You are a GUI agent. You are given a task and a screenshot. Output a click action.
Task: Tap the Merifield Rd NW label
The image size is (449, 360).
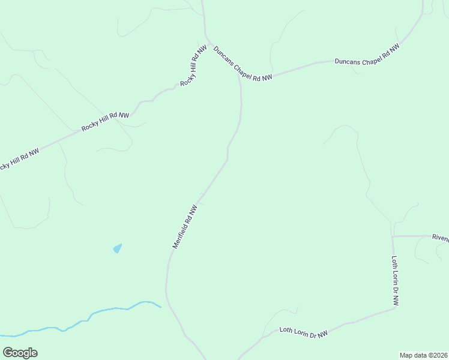click(185, 227)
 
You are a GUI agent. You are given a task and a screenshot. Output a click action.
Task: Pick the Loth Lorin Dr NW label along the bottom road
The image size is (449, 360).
click(304, 332)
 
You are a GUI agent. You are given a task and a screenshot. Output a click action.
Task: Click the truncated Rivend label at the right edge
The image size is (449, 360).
click(440, 238)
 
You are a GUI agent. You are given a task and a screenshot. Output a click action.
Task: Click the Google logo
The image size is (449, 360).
click(20, 353)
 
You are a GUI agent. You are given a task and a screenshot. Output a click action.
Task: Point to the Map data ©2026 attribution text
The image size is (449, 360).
click(424, 355)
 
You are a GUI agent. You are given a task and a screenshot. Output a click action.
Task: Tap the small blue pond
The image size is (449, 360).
click(117, 248)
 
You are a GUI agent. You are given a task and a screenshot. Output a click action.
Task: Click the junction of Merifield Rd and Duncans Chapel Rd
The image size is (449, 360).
click(238, 76)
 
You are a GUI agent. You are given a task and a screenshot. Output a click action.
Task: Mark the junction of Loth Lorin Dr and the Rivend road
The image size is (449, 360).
click(393, 236)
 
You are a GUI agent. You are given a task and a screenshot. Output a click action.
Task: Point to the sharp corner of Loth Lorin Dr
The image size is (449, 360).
click(396, 308)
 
